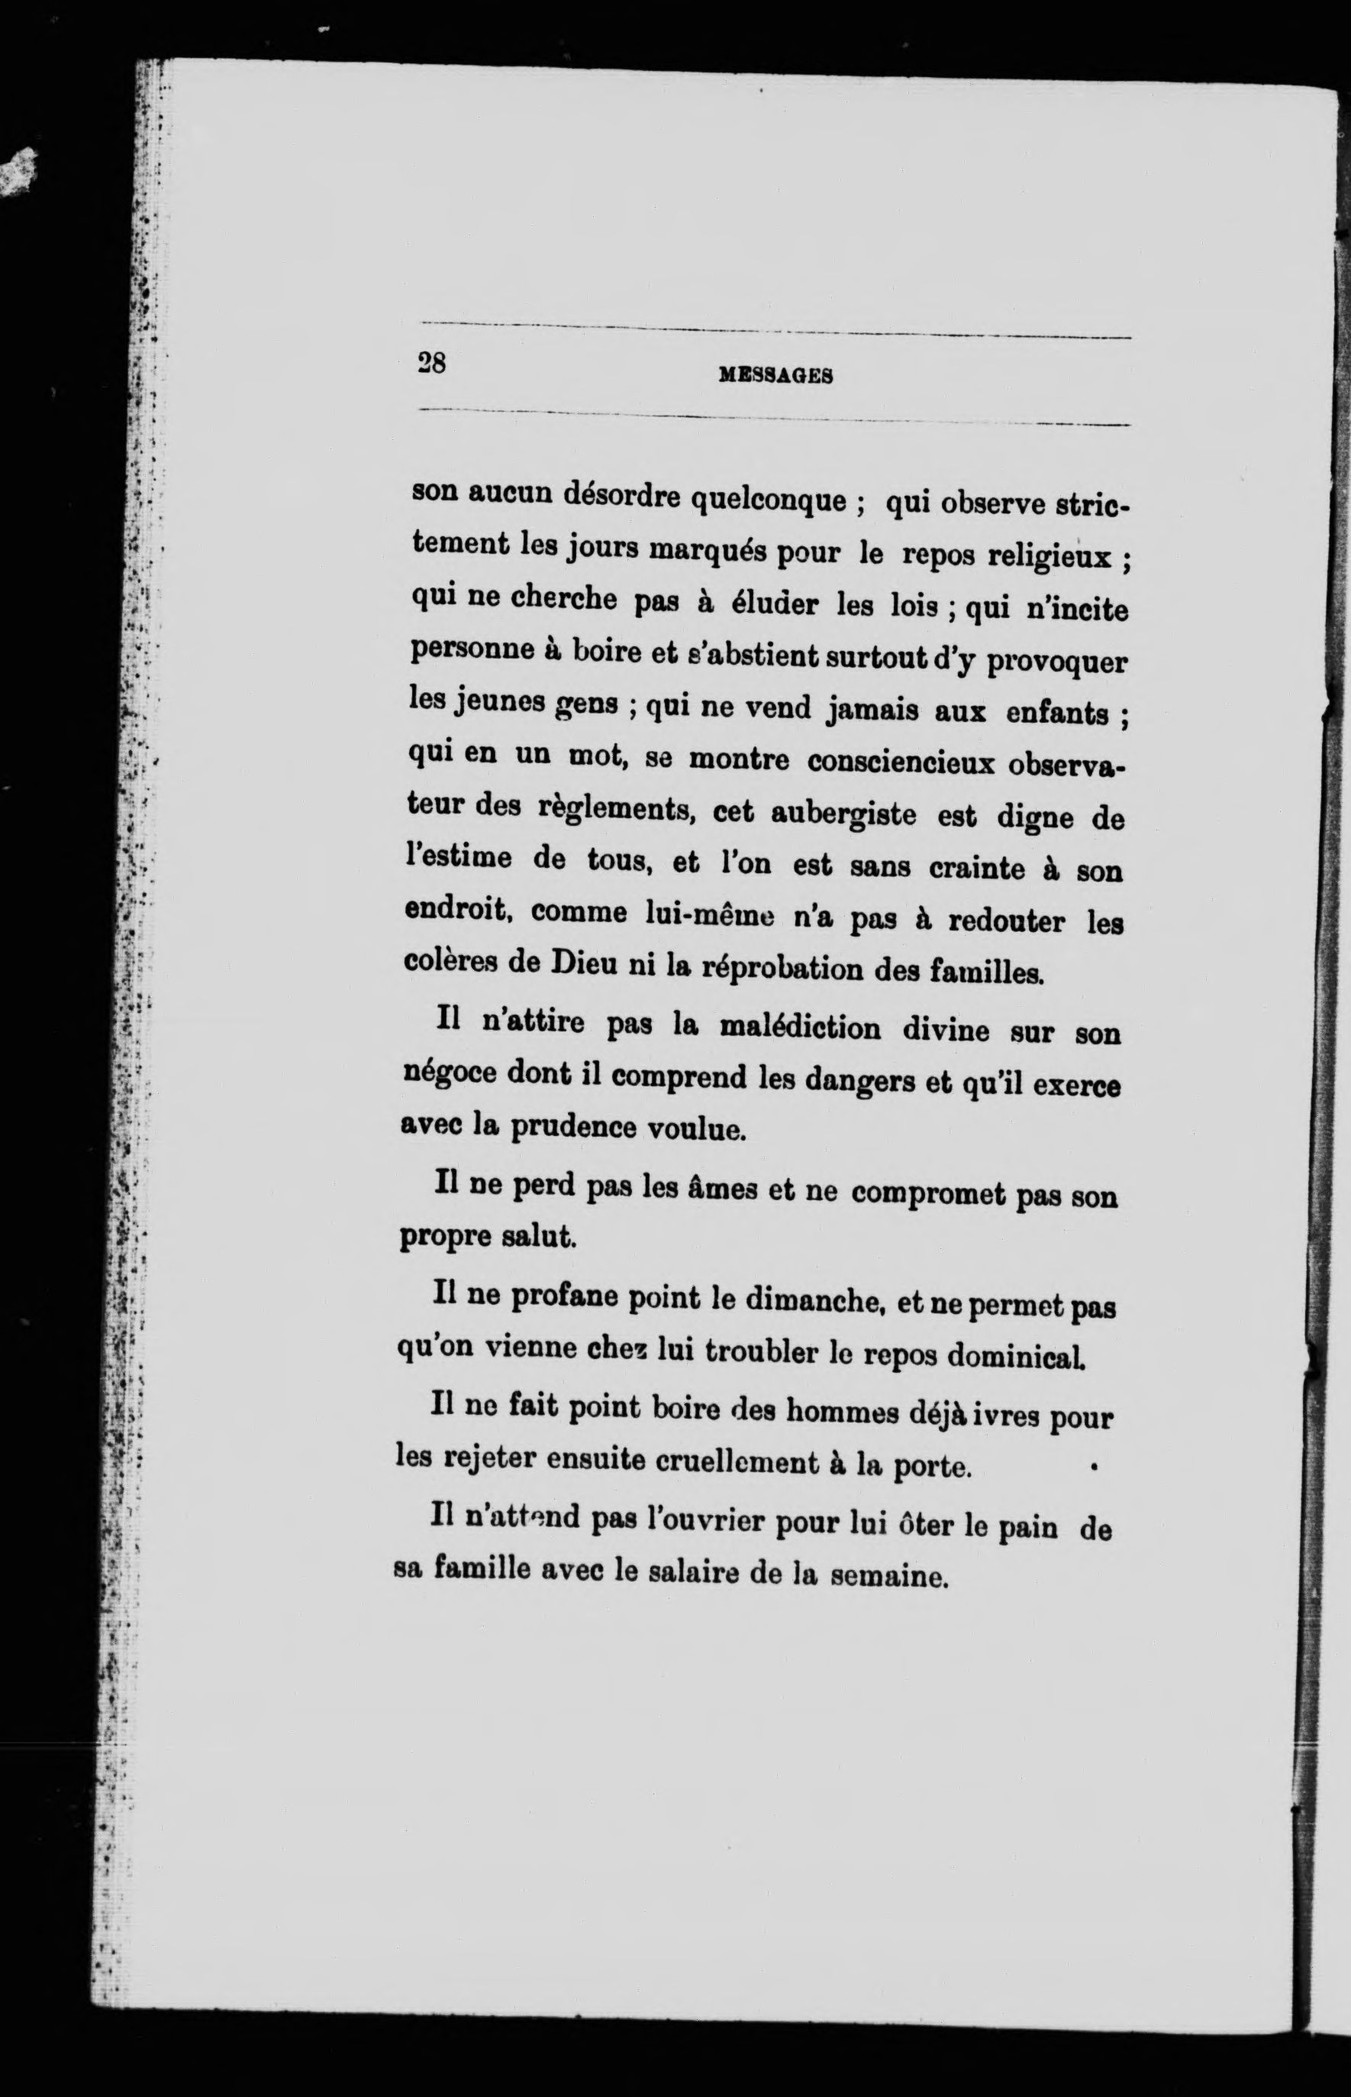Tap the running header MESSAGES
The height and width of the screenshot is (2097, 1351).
pyautogui.click(x=775, y=377)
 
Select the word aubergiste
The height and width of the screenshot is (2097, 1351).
pyautogui.click(x=844, y=814)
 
